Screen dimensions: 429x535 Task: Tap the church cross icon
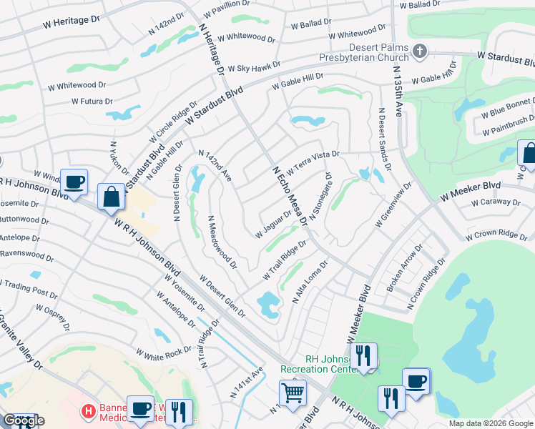coord(420,51)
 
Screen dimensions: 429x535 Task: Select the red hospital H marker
coord(88,411)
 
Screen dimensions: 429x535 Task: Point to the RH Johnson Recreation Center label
coord(318,364)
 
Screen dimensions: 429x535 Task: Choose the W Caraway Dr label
coord(494,202)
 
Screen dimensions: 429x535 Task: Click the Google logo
coord(24,420)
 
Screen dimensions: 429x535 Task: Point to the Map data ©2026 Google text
coord(490,423)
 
